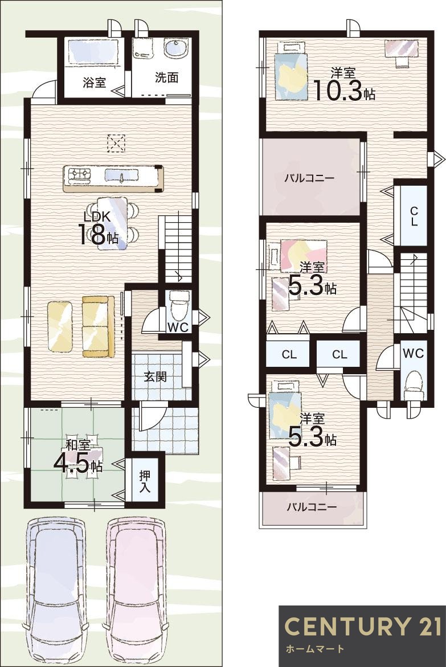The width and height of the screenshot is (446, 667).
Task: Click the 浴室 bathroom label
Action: [94, 83]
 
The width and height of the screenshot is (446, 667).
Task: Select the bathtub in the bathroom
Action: [93, 53]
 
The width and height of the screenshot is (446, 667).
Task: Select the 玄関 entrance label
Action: [155, 377]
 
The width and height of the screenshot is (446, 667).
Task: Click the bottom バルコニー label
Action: [311, 506]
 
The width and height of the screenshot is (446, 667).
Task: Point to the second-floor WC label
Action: [413, 353]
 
